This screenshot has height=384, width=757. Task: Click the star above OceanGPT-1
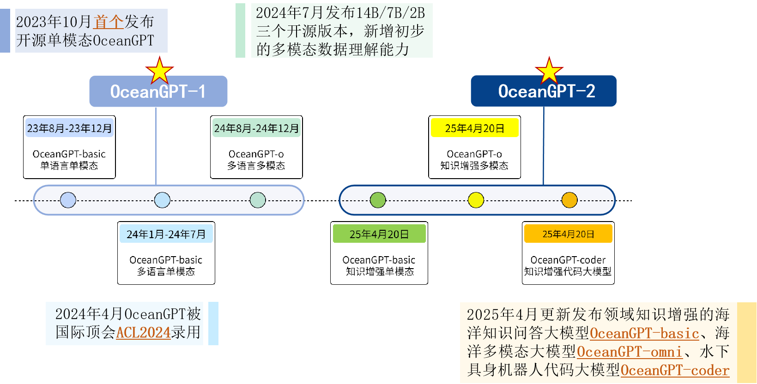(x=159, y=71)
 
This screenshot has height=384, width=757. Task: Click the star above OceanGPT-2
(x=549, y=71)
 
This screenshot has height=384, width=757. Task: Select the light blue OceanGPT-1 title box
(x=158, y=91)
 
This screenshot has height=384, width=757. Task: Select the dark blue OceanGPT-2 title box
(x=544, y=91)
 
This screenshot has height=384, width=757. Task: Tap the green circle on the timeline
(x=378, y=200)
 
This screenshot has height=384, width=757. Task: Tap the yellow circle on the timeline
(x=476, y=200)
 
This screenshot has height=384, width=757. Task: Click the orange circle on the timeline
(x=569, y=200)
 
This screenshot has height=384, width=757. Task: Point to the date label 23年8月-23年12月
(x=69, y=128)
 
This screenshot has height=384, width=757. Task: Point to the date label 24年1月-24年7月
(x=166, y=234)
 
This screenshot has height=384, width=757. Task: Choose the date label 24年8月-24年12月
(x=256, y=128)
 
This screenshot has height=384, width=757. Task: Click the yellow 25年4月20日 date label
(x=474, y=128)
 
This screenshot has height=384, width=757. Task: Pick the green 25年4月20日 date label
(x=379, y=234)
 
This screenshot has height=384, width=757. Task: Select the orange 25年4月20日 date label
(x=568, y=234)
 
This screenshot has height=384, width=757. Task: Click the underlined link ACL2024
(x=143, y=333)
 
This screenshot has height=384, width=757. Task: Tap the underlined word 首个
(x=109, y=22)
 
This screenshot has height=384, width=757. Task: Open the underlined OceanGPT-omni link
(x=629, y=352)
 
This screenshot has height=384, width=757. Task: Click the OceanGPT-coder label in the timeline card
(x=568, y=260)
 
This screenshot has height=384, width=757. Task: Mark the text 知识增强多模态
(x=474, y=166)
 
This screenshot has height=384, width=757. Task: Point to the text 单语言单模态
(x=69, y=166)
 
